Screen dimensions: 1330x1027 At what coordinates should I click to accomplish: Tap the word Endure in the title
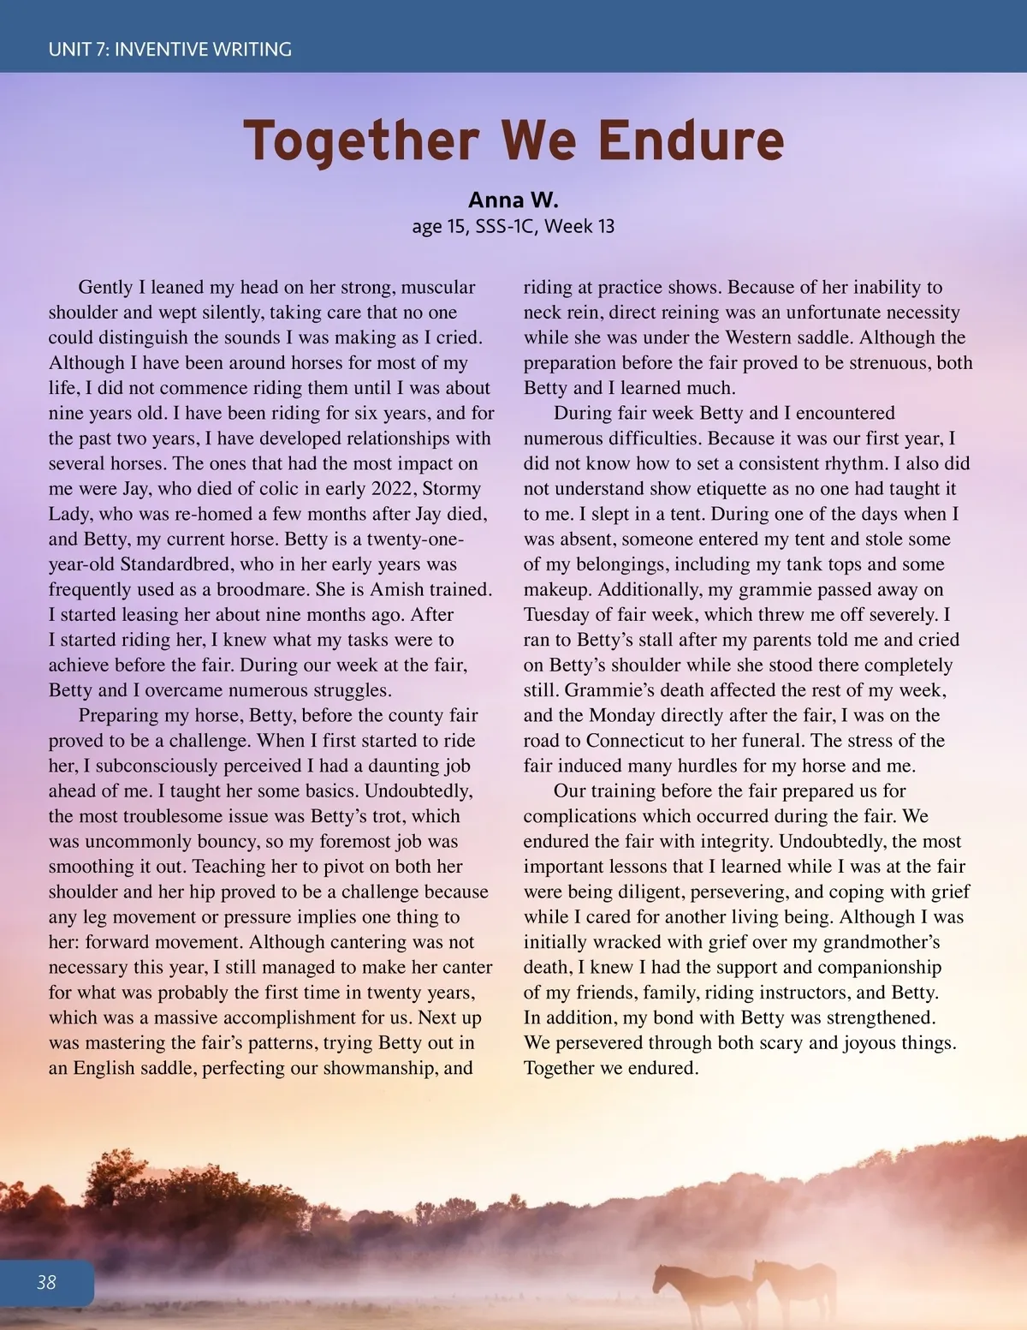[x=691, y=141]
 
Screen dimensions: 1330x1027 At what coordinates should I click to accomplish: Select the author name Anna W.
[x=513, y=200]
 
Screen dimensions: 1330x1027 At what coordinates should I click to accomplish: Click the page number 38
[x=46, y=1282]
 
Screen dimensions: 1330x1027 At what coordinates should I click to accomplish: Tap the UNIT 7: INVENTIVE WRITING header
[x=170, y=50]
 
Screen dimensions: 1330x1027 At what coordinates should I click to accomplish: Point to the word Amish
[x=399, y=589]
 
